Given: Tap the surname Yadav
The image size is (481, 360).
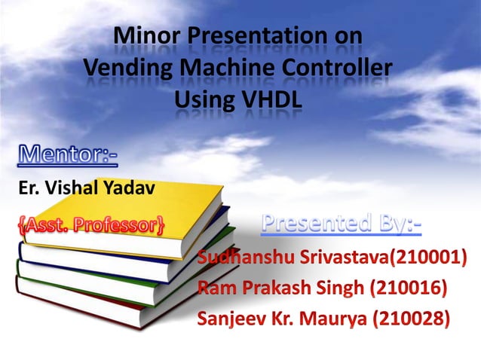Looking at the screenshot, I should tap(133, 188).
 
